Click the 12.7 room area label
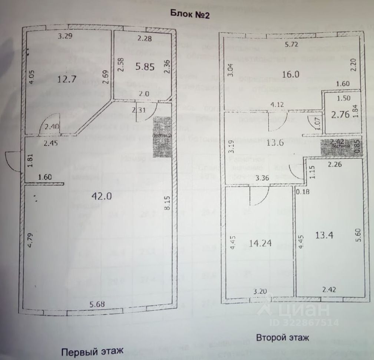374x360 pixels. point(67,79)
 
